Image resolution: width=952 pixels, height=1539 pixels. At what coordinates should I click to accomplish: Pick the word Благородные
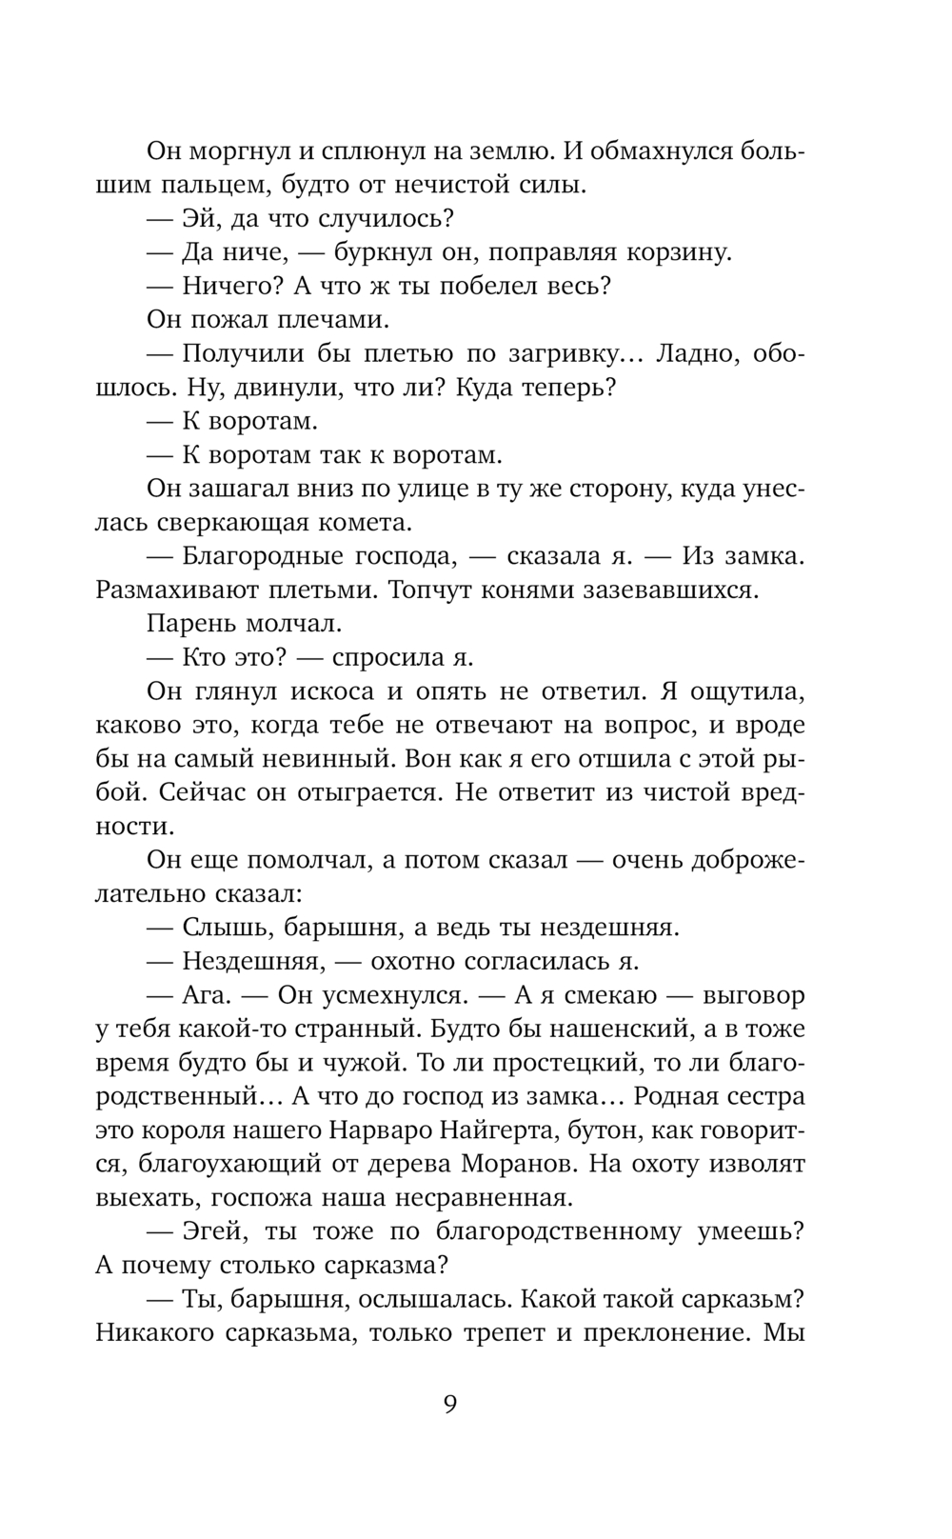tap(256, 556)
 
